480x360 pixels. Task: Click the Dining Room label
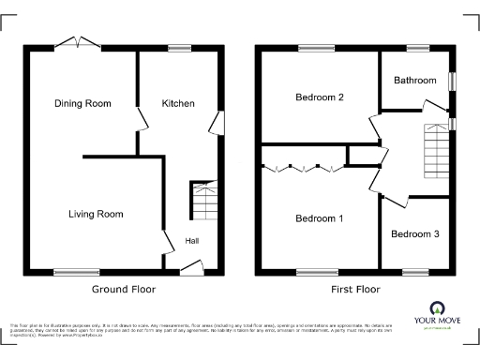pyautogui.click(x=83, y=103)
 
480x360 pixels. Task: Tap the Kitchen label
pyautogui.click(x=178, y=103)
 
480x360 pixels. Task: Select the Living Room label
pyautogui.click(x=96, y=214)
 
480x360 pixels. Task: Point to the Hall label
pyautogui.click(x=191, y=241)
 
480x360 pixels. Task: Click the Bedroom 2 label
pyautogui.click(x=320, y=97)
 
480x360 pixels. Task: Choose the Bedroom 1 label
pyautogui.click(x=320, y=218)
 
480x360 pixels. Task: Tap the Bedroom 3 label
pyautogui.click(x=414, y=233)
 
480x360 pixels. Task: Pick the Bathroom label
pyautogui.click(x=415, y=81)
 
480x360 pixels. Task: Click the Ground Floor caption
pyautogui.click(x=123, y=290)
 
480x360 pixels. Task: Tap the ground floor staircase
pyautogui.click(x=203, y=200)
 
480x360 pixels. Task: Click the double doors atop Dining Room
pyautogui.click(x=78, y=43)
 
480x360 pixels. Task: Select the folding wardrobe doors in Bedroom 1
pyautogui.click(x=303, y=169)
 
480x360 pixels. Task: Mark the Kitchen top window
pyautogui.click(x=179, y=48)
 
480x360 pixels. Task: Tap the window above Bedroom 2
pyautogui.click(x=314, y=48)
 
